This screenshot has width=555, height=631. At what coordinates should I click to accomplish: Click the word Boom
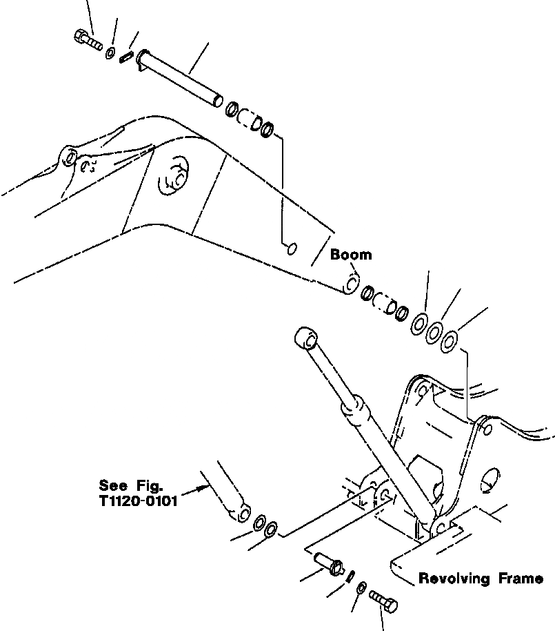350,255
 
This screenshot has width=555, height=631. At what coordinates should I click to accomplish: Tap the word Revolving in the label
456,579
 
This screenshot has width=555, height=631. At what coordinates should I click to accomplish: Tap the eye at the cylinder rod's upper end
305,339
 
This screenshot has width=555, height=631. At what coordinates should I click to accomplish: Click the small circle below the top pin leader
292,246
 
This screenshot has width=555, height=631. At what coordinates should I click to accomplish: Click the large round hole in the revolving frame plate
491,481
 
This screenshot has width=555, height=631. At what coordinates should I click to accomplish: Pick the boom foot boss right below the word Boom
351,284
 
